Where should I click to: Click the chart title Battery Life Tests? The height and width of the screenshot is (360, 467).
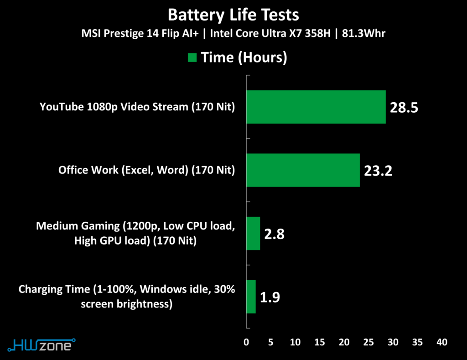click(x=233, y=15)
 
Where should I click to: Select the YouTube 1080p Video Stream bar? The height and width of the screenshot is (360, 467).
click(x=316, y=107)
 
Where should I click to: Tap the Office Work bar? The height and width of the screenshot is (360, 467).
click(x=303, y=170)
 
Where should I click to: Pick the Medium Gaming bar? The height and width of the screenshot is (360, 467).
click(x=253, y=233)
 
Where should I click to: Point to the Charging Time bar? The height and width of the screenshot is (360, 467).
click(x=251, y=297)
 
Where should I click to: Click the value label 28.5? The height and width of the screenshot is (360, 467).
click(x=404, y=108)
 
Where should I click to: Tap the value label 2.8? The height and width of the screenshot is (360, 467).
click(x=275, y=234)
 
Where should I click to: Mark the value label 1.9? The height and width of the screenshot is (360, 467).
click(x=270, y=297)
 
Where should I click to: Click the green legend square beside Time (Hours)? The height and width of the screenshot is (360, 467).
click(x=192, y=57)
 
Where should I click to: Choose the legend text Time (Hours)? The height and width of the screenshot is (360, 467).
click(x=244, y=57)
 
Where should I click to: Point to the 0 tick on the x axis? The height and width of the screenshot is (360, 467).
click(x=247, y=342)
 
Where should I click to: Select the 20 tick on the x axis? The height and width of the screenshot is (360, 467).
click(x=344, y=342)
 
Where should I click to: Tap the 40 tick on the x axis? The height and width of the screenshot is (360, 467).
click(x=441, y=342)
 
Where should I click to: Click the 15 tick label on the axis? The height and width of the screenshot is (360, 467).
click(x=320, y=342)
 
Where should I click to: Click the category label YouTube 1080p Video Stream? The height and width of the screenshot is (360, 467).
click(x=137, y=107)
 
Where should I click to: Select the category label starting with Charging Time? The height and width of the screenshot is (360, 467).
click(x=127, y=297)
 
